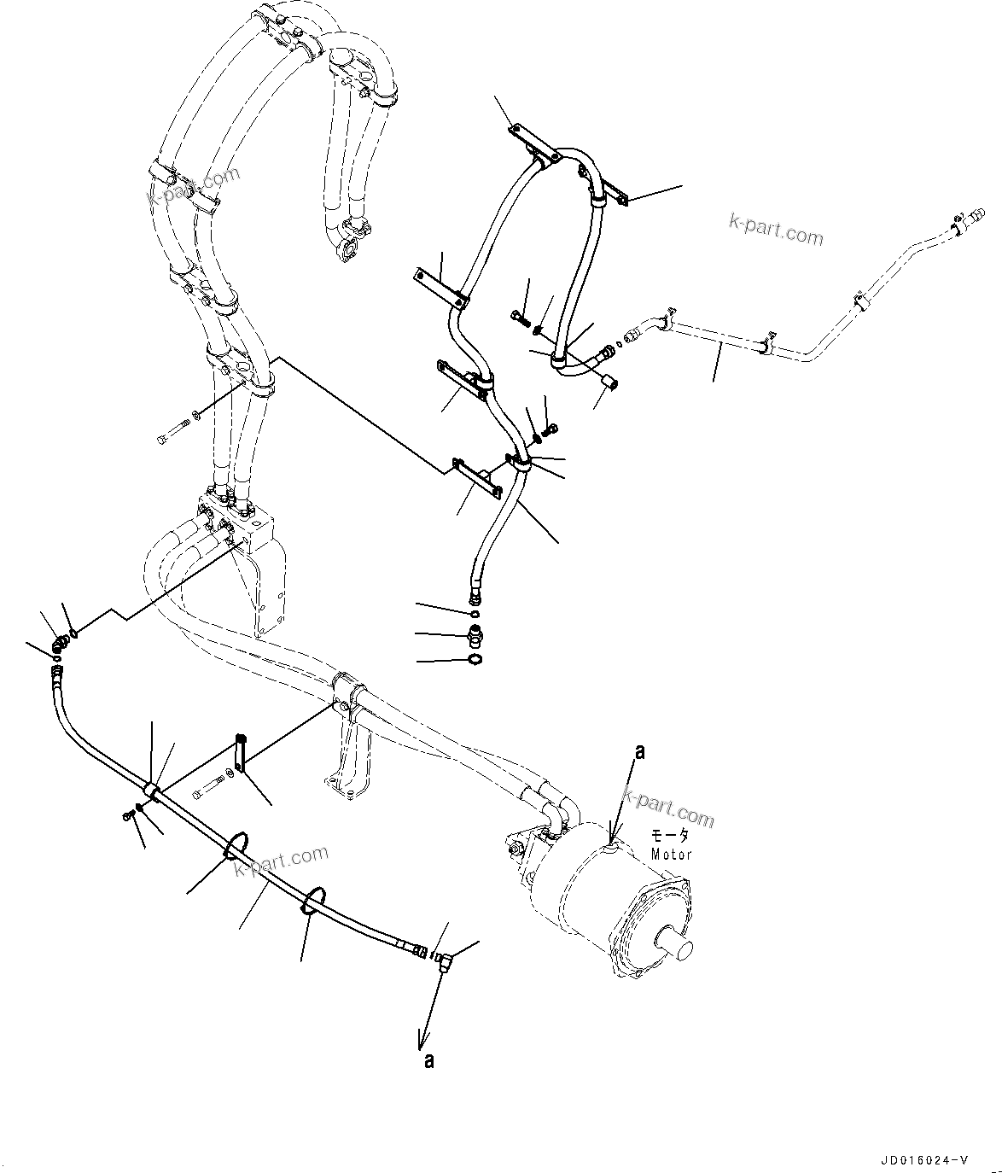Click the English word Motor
pos(671,854)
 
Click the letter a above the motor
pos(639,752)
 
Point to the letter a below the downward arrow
pos(428,1060)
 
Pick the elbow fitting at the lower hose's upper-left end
pos(61,645)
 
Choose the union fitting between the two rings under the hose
pos(475,635)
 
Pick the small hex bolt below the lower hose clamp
pos(127,817)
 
